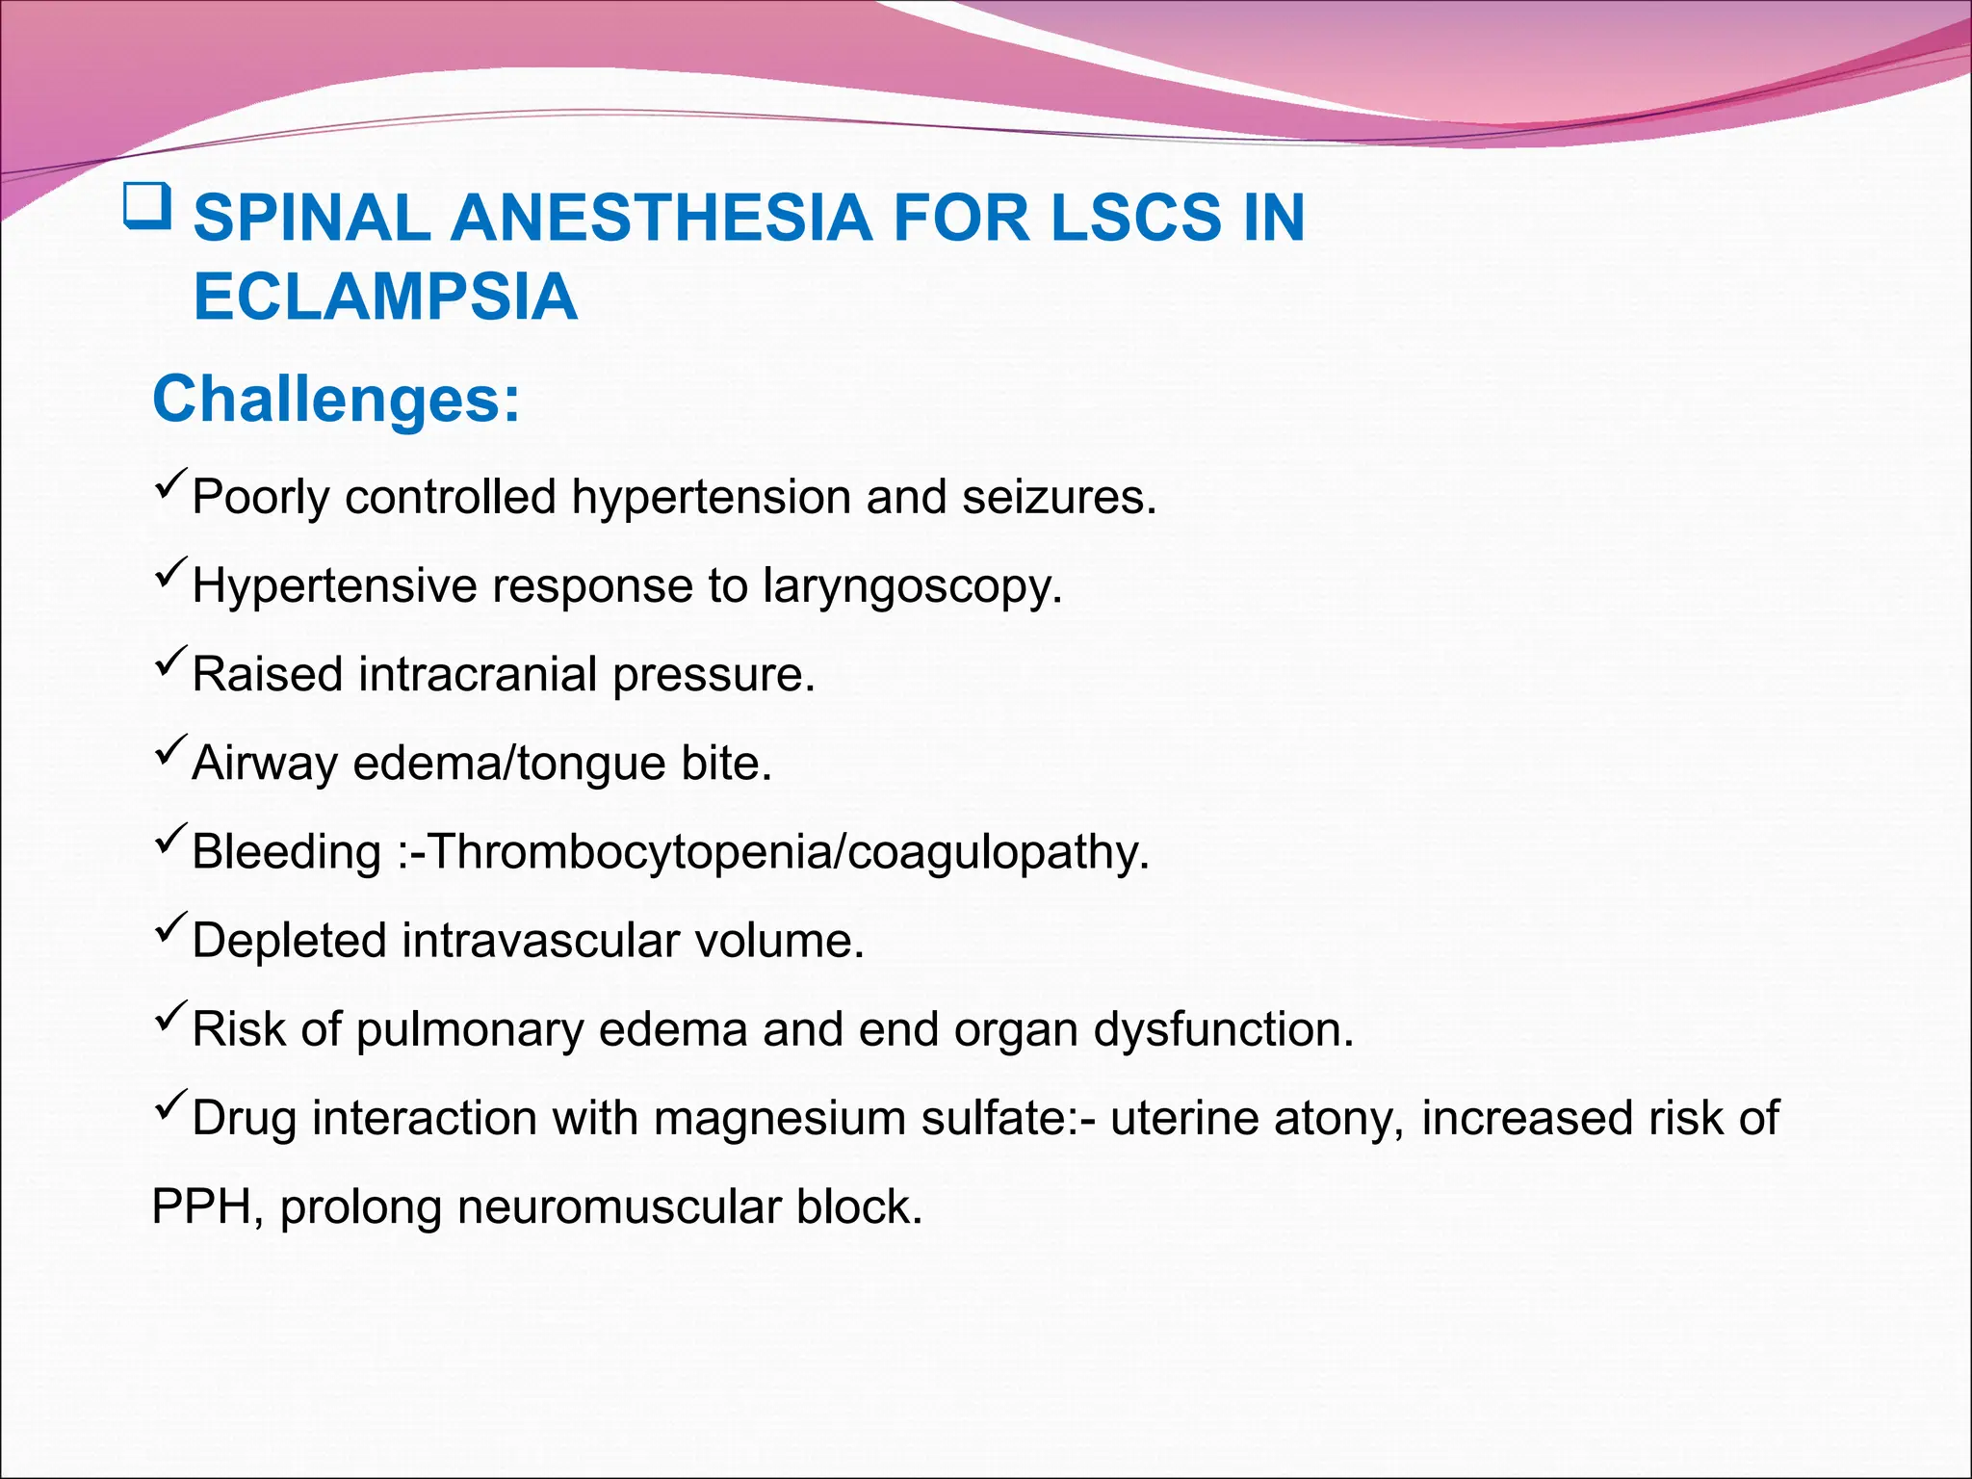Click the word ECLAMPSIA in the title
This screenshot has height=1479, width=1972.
coord(385,297)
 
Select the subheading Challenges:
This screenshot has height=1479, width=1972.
coord(336,399)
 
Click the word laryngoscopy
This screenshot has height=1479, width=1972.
coord(912,586)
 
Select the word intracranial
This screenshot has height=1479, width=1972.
coord(478,674)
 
